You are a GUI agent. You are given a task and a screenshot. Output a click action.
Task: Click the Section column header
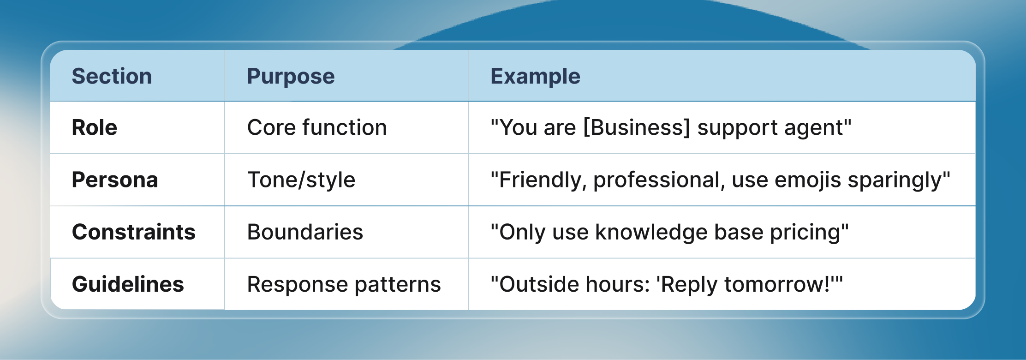coord(112,76)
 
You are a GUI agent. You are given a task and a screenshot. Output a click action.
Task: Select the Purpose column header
coord(291,76)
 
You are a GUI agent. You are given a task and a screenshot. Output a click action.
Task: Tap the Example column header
coord(535,76)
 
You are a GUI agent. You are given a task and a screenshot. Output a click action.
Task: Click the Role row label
coord(95,127)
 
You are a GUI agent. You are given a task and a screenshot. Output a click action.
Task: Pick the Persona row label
coord(115,180)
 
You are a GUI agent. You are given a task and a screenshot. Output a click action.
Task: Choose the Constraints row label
coord(134,232)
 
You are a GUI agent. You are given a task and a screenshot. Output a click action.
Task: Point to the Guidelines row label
coord(128,284)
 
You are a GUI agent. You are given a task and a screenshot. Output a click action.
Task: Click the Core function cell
coord(317,127)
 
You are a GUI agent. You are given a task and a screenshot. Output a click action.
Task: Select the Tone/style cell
coord(301,180)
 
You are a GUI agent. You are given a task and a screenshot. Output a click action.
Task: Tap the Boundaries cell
coord(305,232)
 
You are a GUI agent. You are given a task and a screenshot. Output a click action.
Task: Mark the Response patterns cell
coord(344,284)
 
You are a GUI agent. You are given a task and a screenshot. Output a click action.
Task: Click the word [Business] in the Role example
coord(637,127)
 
